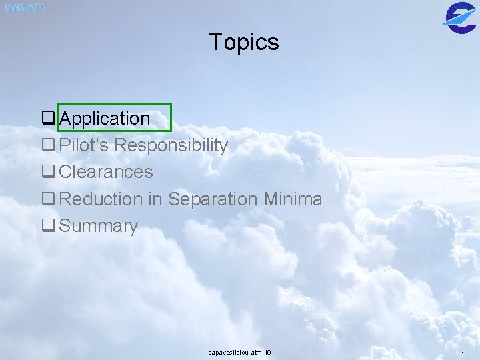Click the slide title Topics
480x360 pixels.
tap(244, 42)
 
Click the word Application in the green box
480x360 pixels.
tap(105, 119)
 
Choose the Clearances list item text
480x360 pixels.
tap(106, 172)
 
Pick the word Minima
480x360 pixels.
tap(293, 199)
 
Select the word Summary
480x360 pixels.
tap(98, 226)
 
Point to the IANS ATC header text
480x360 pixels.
tap(25, 7)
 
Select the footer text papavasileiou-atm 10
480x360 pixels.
tap(239, 351)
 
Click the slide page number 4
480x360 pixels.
tap(464, 351)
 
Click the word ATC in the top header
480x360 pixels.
tap(37, 7)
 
